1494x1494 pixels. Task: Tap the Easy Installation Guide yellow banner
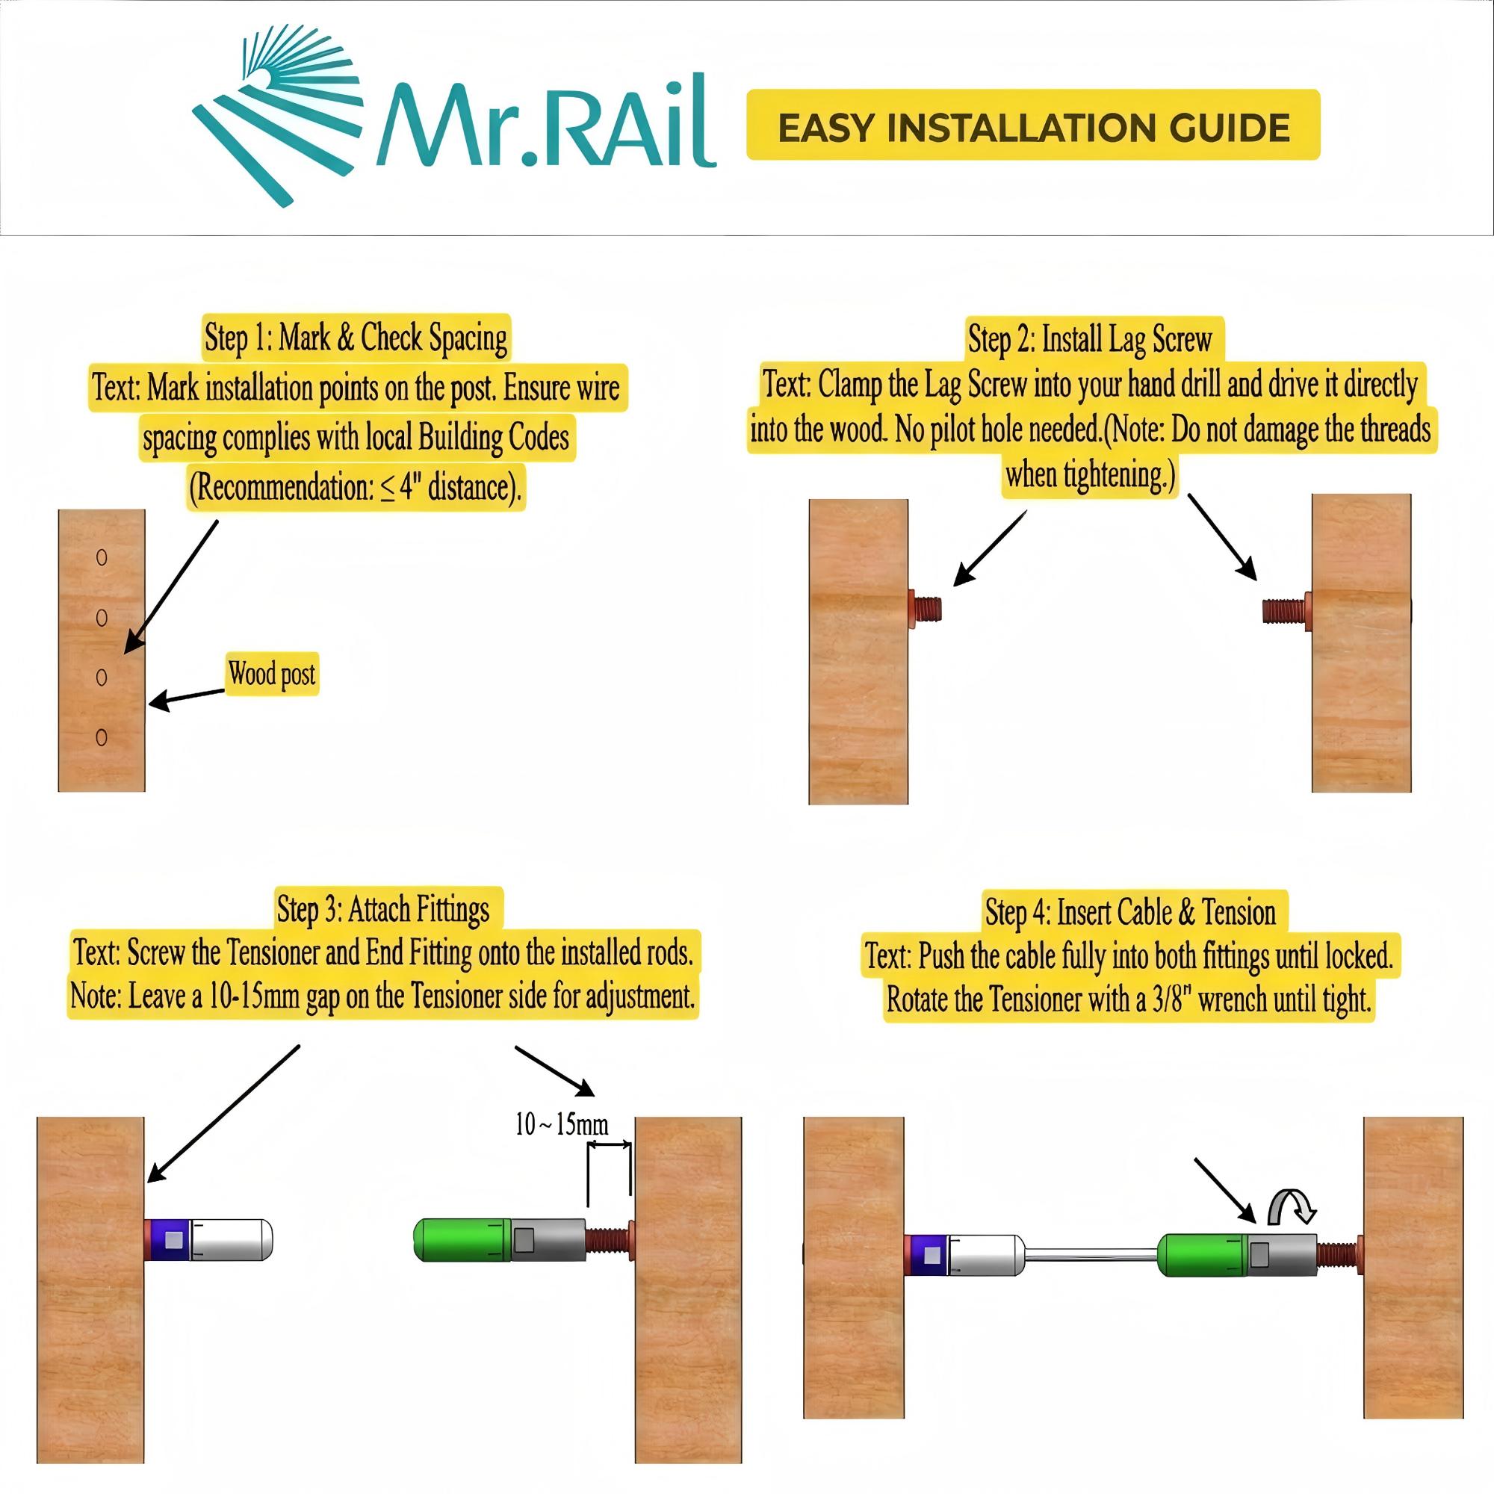[x=1032, y=125]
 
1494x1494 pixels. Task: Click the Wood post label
[x=271, y=675]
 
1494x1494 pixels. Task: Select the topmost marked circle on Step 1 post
[x=102, y=557]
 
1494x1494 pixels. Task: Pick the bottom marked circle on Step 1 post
[x=102, y=737]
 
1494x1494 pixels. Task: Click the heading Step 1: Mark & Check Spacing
[x=356, y=337]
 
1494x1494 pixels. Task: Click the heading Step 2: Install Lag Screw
[x=1090, y=338]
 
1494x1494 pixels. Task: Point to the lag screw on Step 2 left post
[x=925, y=607]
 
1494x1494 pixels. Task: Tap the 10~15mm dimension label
[x=562, y=1123]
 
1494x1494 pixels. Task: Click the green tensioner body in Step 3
[x=462, y=1239]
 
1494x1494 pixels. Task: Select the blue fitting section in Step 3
[x=168, y=1239]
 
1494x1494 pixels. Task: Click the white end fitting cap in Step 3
[x=232, y=1239]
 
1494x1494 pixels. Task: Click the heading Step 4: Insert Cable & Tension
[x=1129, y=913]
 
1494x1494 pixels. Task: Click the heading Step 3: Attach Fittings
[x=383, y=909]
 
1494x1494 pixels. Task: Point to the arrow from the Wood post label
[x=185, y=697]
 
